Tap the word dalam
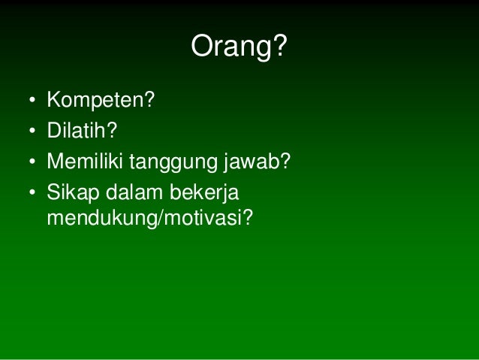(x=131, y=192)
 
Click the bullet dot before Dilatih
(x=32, y=131)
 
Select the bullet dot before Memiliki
(x=32, y=162)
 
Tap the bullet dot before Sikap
(x=32, y=193)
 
